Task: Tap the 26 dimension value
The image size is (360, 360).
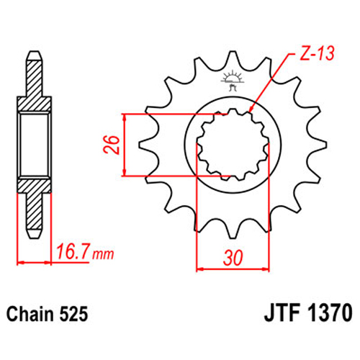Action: click(x=112, y=145)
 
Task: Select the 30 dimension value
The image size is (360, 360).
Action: click(x=233, y=258)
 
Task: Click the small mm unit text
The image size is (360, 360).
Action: click(x=103, y=254)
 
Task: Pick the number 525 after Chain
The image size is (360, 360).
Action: click(x=73, y=314)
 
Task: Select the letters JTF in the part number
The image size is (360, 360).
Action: click(x=282, y=312)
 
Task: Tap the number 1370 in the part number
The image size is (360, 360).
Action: click(x=330, y=312)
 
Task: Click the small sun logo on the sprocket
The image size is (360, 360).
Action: click(x=232, y=80)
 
